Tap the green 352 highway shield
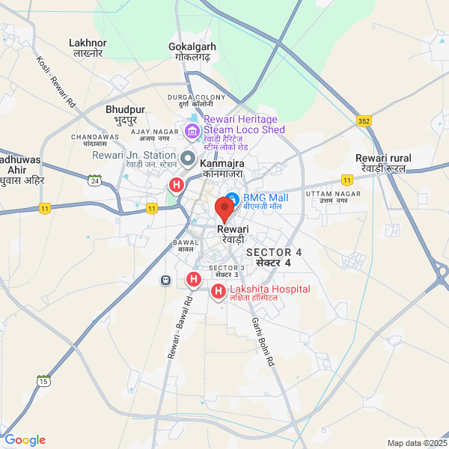tap(364, 121)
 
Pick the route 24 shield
tap(94, 181)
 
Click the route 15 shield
tap(44, 382)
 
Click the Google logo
tap(25, 440)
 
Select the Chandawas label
tap(95, 138)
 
